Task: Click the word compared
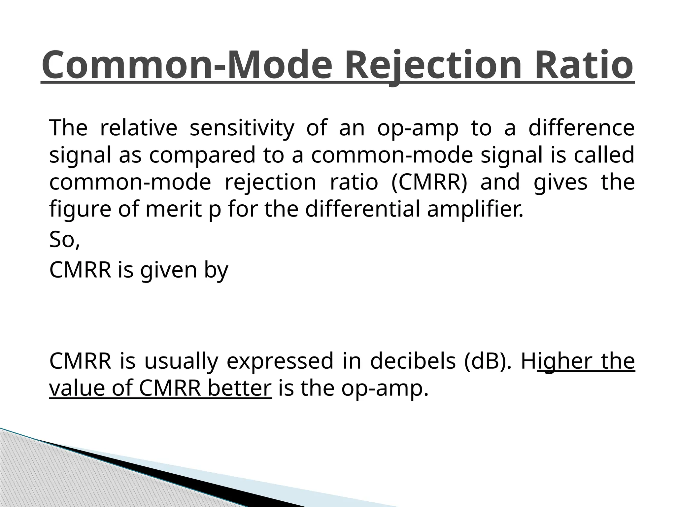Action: (202, 155)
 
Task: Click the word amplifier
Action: (475, 209)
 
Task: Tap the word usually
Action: (181, 362)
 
